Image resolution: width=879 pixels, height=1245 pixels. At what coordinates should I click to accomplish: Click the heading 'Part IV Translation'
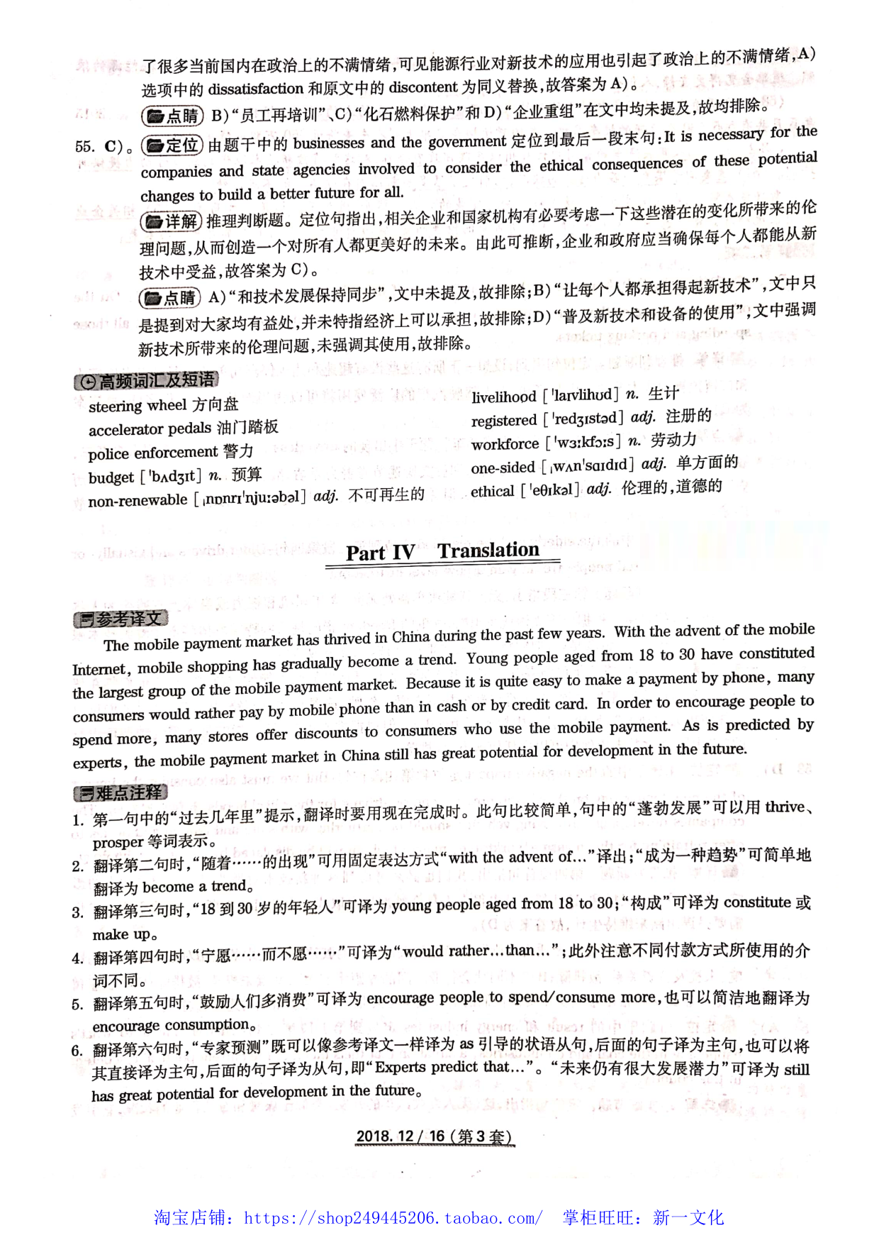(x=442, y=551)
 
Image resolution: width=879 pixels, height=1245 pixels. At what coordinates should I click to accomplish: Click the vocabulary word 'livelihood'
(x=503, y=397)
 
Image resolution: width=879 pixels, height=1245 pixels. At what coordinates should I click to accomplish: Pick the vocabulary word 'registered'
(x=504, y=420)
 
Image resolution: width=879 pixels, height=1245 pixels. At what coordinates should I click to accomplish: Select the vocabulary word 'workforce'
(x=505, y=444)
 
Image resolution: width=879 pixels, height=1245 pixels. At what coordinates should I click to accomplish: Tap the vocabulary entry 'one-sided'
(x=503, y=467)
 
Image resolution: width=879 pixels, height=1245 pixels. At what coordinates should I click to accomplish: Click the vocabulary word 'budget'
(x=111, y=477)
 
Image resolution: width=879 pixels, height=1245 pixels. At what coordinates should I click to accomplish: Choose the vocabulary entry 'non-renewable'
(x=138, y=500)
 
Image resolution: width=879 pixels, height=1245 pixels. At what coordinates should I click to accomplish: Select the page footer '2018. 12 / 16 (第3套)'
(x=434, y=1136)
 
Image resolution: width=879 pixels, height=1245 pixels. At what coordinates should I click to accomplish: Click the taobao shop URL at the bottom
(x=393, y=1218)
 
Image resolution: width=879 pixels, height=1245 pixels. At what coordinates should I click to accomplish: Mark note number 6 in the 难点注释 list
(x=77, y=1051)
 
